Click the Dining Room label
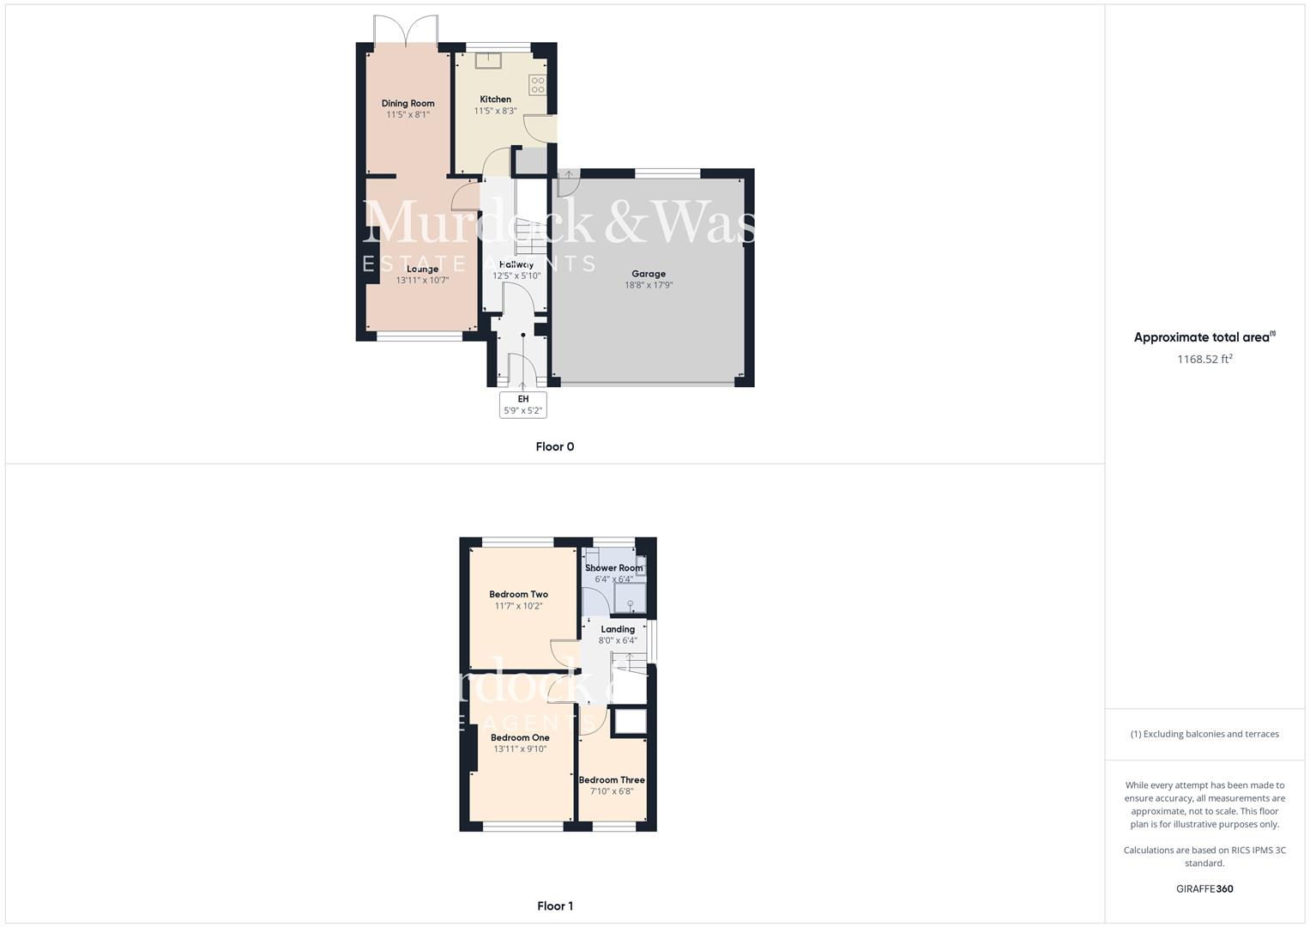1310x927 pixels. point(407,103)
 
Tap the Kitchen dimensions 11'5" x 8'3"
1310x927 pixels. point(495,111)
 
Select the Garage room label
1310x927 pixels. point(649,274)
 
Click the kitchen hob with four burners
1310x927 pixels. point(537,84)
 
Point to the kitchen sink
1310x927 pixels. point(488,60)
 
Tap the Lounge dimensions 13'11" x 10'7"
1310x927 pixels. point(422,281)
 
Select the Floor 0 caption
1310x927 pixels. point(554,446)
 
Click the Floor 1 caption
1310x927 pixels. point(554,906)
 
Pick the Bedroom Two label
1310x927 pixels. point(518,594)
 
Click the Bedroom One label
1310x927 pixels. point(520,737)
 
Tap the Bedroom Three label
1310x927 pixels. point(612,780)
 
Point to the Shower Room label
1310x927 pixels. point(613,568)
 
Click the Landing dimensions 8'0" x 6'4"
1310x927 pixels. point(618,640)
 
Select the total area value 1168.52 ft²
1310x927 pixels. point(1204,359)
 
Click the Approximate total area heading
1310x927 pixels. point(1204,337)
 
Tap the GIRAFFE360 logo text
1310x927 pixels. point(1204,888)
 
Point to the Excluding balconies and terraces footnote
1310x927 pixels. point(1204,734)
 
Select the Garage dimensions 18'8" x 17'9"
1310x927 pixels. point(649,285)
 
